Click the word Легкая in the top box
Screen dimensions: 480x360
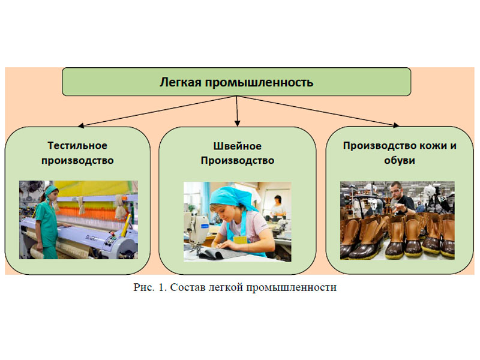[x=181, y=82]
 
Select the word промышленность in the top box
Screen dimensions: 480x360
[x=259, y=83]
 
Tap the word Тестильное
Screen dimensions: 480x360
[x=77, y=145]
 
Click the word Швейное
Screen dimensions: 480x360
[x=237, y=146]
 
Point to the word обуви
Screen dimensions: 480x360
[x=400, y=160]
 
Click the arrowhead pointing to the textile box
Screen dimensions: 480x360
[x=81, y=125]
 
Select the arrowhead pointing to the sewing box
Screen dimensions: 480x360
[x=237, y=124]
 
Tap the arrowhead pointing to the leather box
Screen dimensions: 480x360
[x=396, y=125]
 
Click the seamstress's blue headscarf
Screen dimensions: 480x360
[x=231, y=197]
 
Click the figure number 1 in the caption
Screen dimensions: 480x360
[x=161, y=287]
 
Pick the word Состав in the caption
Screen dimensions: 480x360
[x=187, y=287]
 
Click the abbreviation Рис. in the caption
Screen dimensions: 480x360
[x=144, y=288]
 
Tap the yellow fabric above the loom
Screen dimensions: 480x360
[x=95, y=188]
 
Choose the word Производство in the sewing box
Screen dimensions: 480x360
[x=238, y=160]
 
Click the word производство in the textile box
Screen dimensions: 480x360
[x=77, y=160]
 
